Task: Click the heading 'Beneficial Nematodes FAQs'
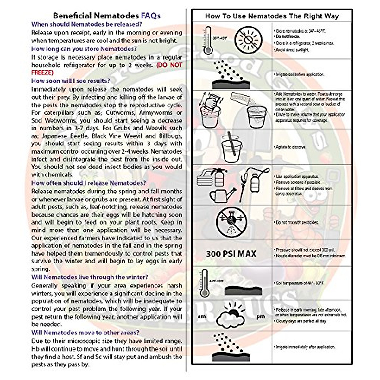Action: pyautogui.click(x=107, y=16)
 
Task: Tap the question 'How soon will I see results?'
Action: pyautogui.click(x=71, y=81)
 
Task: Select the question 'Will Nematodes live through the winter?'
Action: pyautogui.click(x=90, y=277)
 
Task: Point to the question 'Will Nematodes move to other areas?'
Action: pyautogui.click(x=85, y=332)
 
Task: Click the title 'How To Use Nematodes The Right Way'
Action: pyautogui.click(x=272, y=16)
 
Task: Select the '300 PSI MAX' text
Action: pyautogui.click(x=231, y=254)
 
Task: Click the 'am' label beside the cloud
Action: pyautogui.click(x=201, y=316)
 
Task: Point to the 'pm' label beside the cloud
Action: pyautogui.click(x=261, y=316)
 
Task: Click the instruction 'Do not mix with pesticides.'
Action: pyautogui.click(x=297, y=222)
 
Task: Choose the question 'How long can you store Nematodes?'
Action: pyautogui.click(x=84, y=49)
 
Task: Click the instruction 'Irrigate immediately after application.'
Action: pyautogui.click(x=305, y=347)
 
